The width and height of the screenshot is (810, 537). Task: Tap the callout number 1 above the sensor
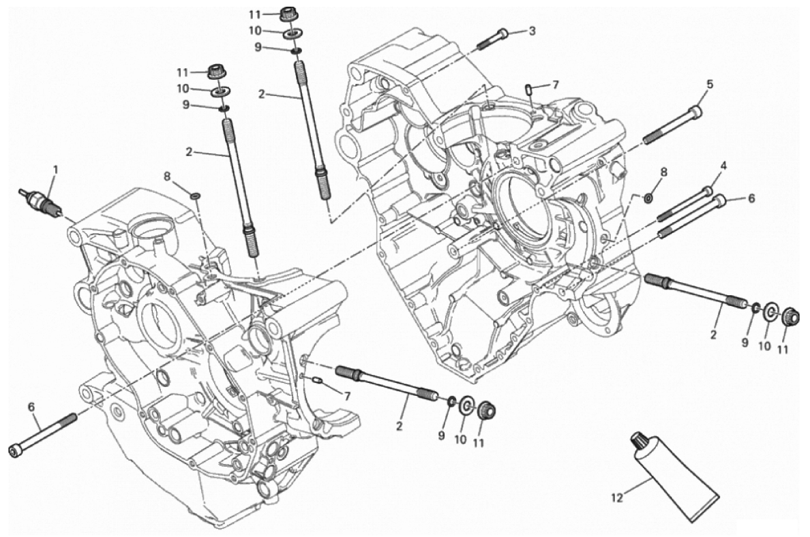56,168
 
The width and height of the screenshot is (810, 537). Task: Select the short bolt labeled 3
492,38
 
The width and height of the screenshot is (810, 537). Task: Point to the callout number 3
532,30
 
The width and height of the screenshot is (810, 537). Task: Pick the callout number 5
709,85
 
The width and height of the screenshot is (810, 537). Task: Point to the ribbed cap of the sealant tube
639,442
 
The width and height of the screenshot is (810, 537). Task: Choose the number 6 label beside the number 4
751,199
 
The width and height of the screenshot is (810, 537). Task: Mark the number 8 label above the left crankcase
167,176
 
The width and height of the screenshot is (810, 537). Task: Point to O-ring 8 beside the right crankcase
647,198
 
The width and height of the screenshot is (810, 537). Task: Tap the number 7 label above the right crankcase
555,85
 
